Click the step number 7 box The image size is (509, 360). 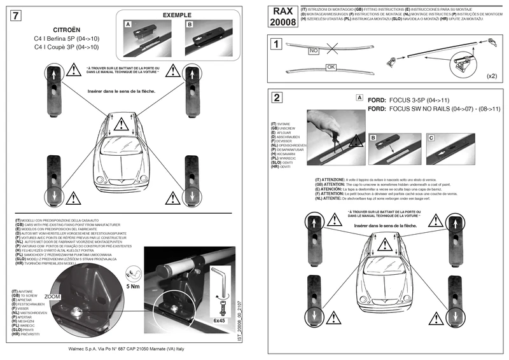coord(16,17)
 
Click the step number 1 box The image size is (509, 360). coord(275,44)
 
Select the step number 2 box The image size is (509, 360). coord(275,98)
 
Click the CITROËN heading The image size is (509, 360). coord(66,30)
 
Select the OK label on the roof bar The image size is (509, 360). coord(330,66)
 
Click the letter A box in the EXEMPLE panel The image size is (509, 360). coord(128,24)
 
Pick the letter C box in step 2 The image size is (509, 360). coord(431,137)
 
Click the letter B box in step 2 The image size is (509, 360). coord(373,137)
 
